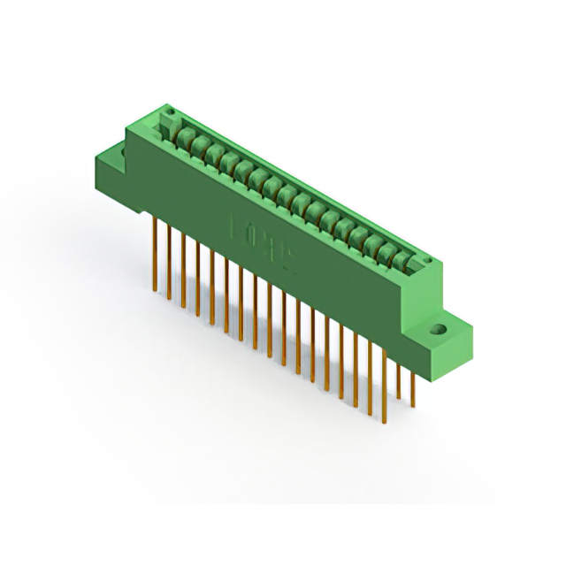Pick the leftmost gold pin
point(156,243)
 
